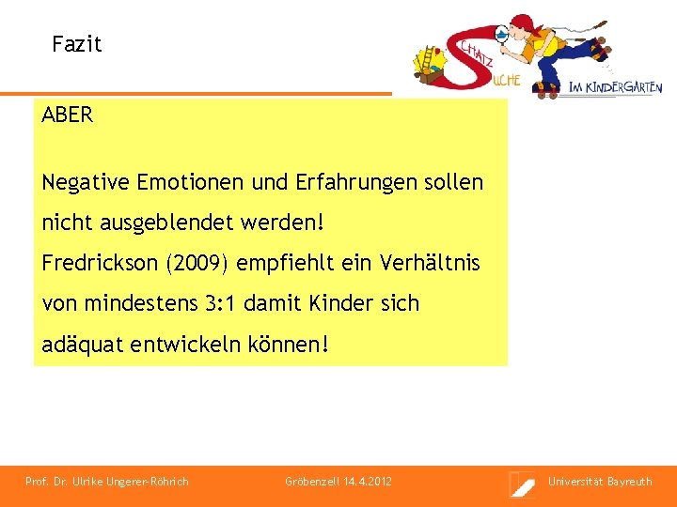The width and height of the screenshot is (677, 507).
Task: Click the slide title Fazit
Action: (x=76, y=44)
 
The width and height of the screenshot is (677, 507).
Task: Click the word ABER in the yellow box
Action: (x=68, y=115)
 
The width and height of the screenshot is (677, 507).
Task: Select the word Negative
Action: (x=86, y=182)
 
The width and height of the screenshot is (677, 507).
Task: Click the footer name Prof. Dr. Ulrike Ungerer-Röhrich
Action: (x=107, y=482)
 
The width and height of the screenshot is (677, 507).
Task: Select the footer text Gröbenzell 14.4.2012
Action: (x=338, y=482)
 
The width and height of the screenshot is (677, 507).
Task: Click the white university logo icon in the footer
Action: (x=522, y=484)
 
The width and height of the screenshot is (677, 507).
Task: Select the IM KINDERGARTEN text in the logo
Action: (x=616, y=87)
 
